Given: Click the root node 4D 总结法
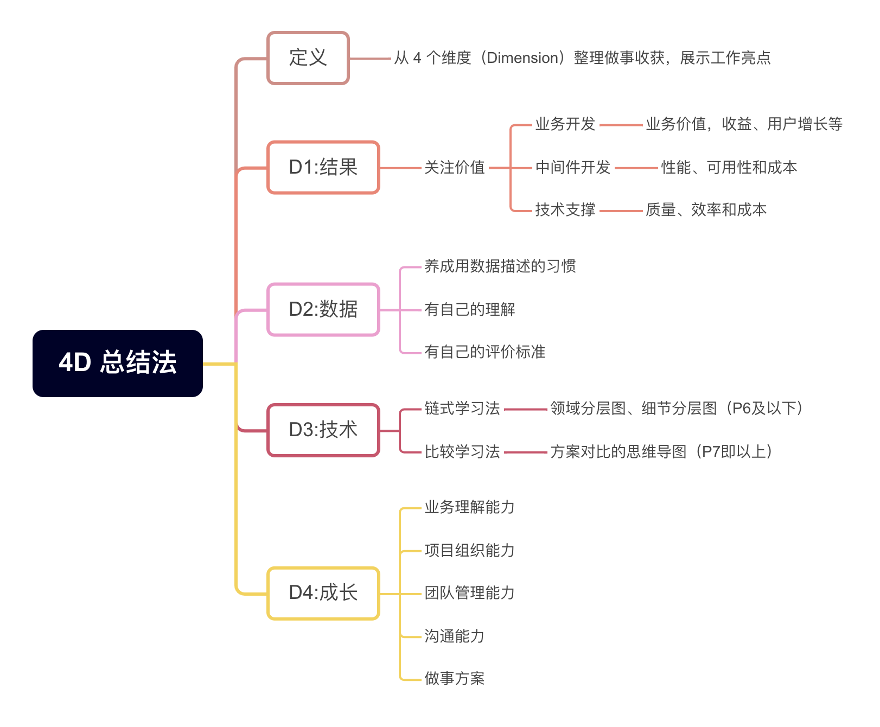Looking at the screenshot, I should coord(118,363).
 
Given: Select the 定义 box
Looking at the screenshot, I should coord(308,58).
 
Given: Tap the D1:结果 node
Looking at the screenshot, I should coord(323,167).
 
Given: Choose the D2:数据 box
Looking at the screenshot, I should coord(323,309).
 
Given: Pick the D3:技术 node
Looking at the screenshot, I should coord(323,430).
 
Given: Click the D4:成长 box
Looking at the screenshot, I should coord(323,593).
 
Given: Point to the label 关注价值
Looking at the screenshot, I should coord(455,168).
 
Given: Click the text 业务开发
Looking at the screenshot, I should coord(565,124).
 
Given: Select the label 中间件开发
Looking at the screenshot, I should coord(573,168).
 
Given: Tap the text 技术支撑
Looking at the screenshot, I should coord(565,210).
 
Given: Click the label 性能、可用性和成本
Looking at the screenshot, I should coord(729,168).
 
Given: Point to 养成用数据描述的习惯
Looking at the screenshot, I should coord(500,266).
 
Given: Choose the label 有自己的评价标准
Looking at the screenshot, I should coord(485,352).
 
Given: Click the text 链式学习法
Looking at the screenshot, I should coord(462,409).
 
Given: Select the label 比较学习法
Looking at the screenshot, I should coord(462,452).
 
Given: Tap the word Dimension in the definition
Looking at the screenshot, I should coord(523,58).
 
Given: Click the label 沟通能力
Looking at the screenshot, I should coord(455,636).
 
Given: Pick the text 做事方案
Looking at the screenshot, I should coord(455,679).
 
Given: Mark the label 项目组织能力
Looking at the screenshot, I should coord(470,551).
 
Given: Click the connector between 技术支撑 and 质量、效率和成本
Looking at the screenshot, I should coord(621,211).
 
